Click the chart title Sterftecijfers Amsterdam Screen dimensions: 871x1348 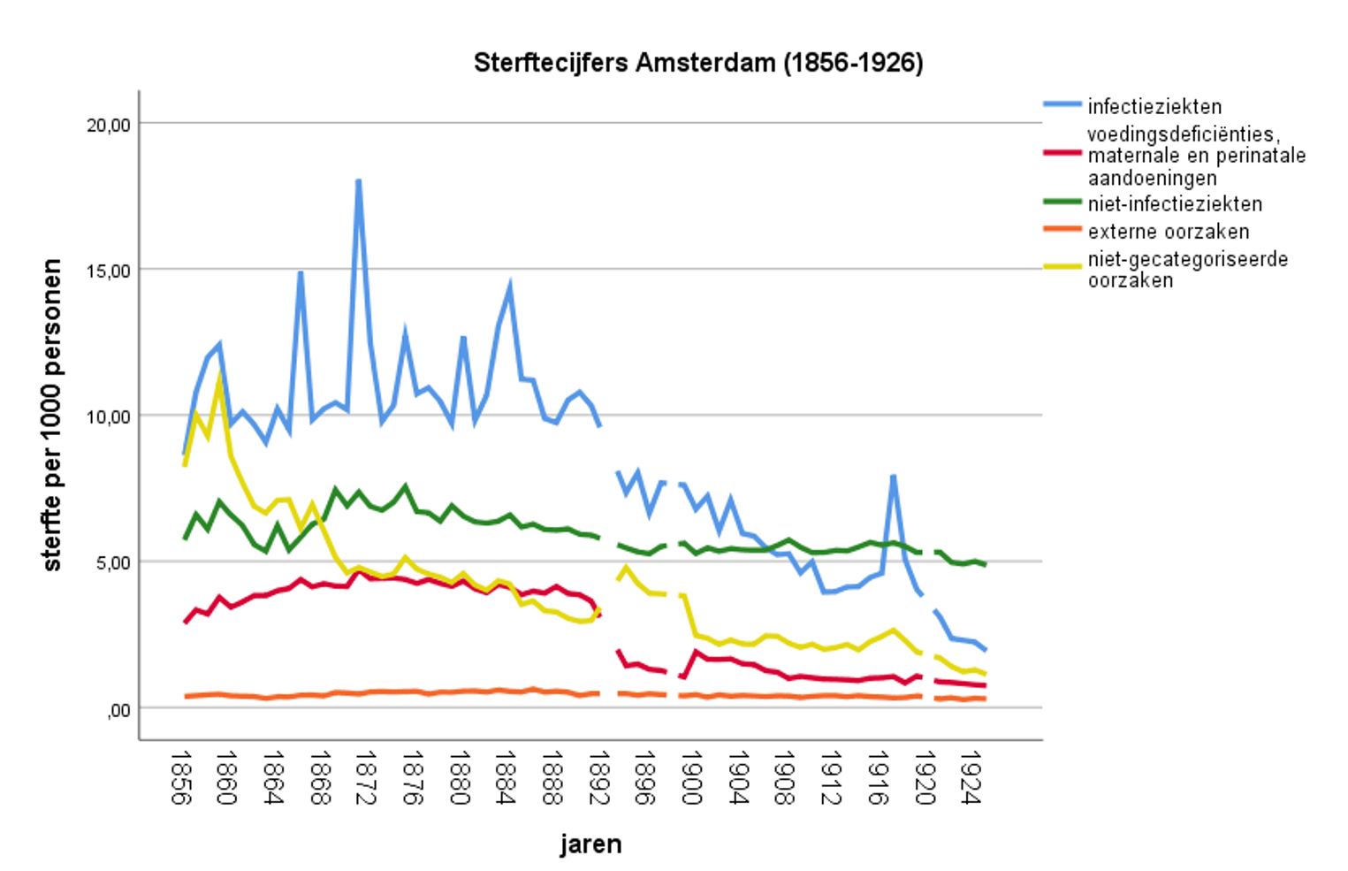point(697,63)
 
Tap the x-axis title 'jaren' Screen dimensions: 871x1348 point(590,844)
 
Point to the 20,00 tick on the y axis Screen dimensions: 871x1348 point(108,125)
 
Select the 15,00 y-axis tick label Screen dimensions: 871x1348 point(108,271)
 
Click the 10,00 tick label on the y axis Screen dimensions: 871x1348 point(108,416)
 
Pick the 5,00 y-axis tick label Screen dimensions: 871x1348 point(111,562)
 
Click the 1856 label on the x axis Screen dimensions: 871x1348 point(179,777)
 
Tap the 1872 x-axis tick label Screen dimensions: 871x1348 point(364,777)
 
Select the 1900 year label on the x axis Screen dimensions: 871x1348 point(689,777)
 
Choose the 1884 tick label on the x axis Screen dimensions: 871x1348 point(504,777)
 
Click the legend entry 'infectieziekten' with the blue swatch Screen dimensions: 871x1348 point(1154,106)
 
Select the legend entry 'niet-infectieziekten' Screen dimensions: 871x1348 point(1174,204)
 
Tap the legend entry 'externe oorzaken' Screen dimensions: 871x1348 point(1168,232)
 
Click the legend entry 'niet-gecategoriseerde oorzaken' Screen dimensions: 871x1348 point(1187,270)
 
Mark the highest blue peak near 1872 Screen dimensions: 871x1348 point(358,181)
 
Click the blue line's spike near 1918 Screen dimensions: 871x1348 point(894,477)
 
